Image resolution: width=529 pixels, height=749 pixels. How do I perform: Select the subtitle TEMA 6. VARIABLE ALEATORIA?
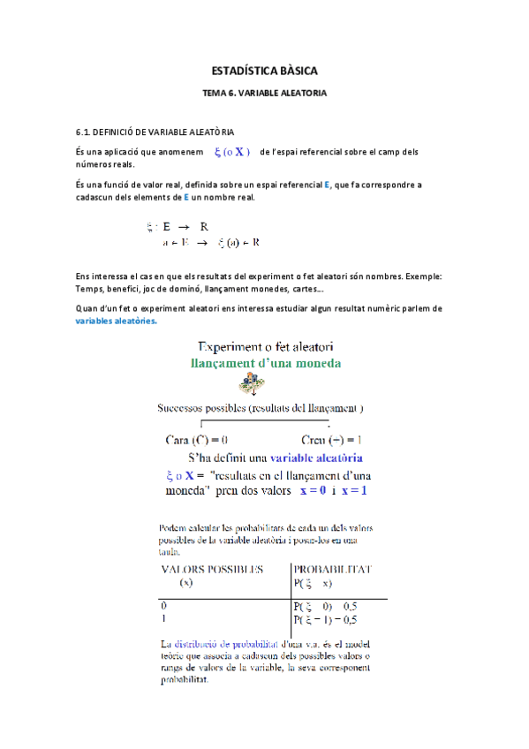pos(264,92)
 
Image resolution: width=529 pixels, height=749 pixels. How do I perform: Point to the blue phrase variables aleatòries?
pos(117,321)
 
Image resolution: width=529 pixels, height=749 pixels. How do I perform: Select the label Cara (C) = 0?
pos(198,439)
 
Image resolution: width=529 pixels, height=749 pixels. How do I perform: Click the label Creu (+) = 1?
pos(332,439)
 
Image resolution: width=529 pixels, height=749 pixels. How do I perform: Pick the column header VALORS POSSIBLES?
pos(211,570)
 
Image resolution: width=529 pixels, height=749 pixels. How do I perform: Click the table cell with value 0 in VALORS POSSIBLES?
pos(162,607)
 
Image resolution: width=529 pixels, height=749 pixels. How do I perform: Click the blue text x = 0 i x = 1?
pos(333,490)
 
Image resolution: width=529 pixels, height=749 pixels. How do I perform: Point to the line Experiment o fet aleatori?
pos(264,344)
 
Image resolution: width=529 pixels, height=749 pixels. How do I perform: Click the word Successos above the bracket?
pos(185,408)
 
